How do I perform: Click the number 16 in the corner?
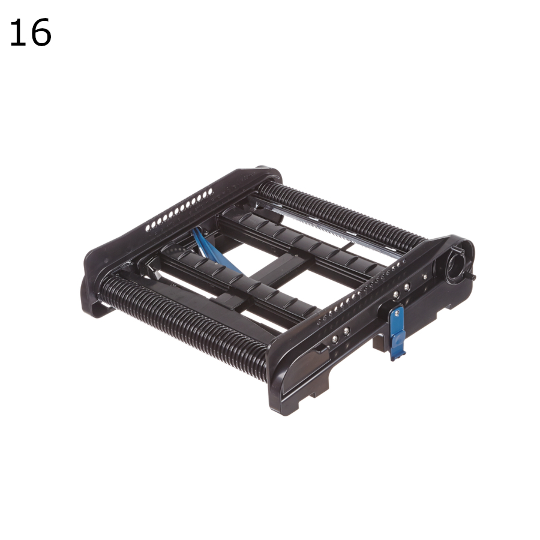coord(30,33)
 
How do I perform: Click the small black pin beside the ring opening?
coord(473,277)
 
